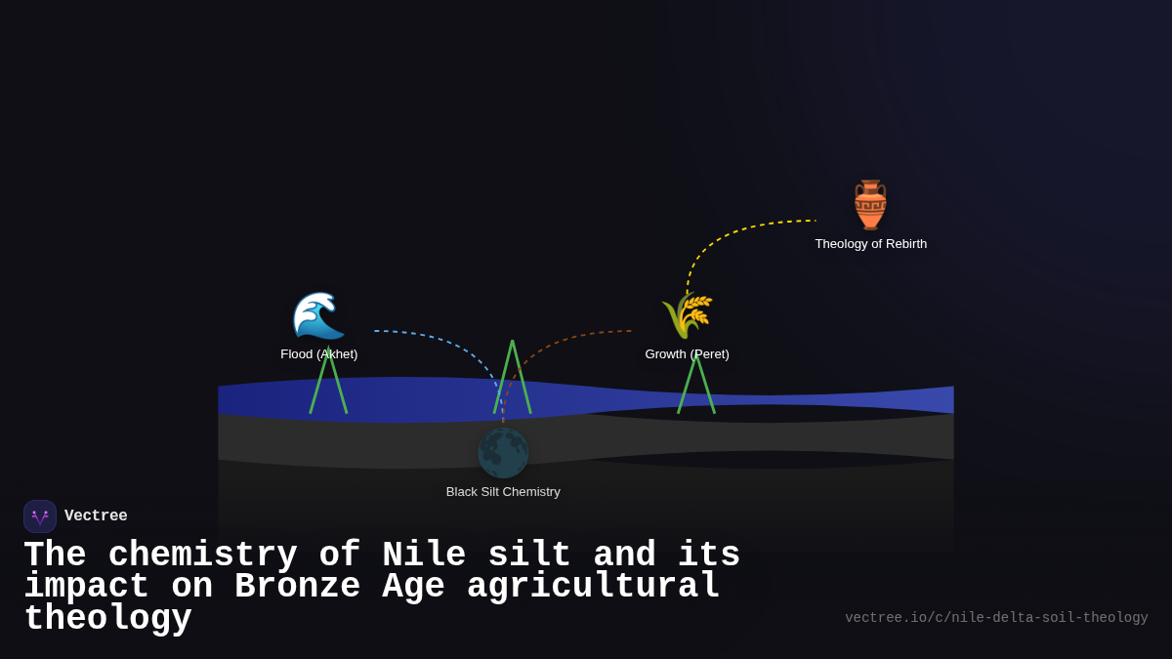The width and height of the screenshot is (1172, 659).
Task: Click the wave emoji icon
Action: click(x=318, y=315)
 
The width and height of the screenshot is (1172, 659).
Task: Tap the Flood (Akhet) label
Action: click(x=319, y=354)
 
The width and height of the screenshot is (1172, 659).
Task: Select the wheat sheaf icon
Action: click(x=688, y=314)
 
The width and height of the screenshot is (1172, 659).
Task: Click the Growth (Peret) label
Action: click(x=687, y=354)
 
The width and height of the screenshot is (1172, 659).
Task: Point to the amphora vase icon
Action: click(x=870, y=204)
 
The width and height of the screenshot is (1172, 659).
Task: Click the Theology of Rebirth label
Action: click(x=871, y=244)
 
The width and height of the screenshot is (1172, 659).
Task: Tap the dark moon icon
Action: click(x=503, y=453)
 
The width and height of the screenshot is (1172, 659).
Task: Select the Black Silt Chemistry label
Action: click(x=503, y=492)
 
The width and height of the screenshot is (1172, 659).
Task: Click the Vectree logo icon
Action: click(x=40, y=516)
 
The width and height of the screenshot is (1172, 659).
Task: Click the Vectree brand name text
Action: click(x=96, y=516)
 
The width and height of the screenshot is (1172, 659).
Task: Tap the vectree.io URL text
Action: click(x=996, y=618)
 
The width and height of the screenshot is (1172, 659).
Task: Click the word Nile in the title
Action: click(x=423, y=556)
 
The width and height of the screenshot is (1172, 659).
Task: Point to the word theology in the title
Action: click(x=107, y=619)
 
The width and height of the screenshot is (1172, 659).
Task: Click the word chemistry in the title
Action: click(x=202, y=556)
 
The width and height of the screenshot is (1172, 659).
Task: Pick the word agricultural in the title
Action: click(x=593, y=587)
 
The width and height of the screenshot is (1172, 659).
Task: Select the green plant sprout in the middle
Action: click(x=513, y=376)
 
